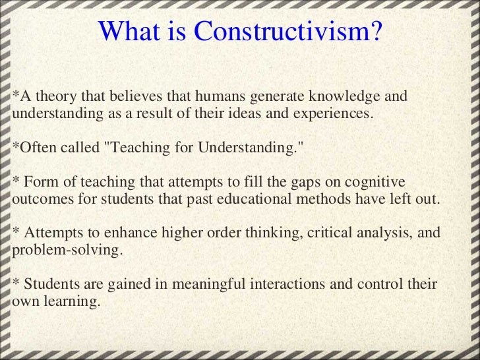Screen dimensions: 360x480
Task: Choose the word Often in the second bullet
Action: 38,146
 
